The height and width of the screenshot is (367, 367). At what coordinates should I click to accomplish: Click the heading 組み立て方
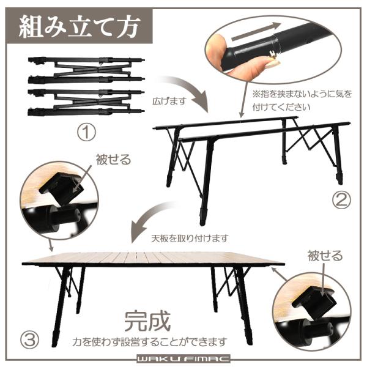click(80, 26)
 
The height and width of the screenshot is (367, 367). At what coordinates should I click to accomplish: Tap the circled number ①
click(86, 133)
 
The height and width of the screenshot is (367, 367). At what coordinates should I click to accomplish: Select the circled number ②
click(341, 201)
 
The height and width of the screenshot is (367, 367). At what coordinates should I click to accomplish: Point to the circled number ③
click(30, 340)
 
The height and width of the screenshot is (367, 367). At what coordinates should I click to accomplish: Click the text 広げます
click(169, 101)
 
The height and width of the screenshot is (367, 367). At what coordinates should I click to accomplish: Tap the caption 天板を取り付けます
click(190, 239)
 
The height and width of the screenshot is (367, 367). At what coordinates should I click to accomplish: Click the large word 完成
click(147, 321)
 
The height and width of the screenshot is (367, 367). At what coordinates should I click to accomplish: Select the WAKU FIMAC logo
click(183, 358)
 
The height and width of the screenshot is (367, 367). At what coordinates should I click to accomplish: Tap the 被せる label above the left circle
click(113, 160)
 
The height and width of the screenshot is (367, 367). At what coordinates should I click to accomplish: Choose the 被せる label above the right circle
click(325, 256)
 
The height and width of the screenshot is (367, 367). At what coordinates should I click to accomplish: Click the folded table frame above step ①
click(86, 86)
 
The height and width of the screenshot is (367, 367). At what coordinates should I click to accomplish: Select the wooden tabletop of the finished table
click(154, 258)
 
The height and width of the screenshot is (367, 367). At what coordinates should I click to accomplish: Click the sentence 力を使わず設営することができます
click(150, 342)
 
